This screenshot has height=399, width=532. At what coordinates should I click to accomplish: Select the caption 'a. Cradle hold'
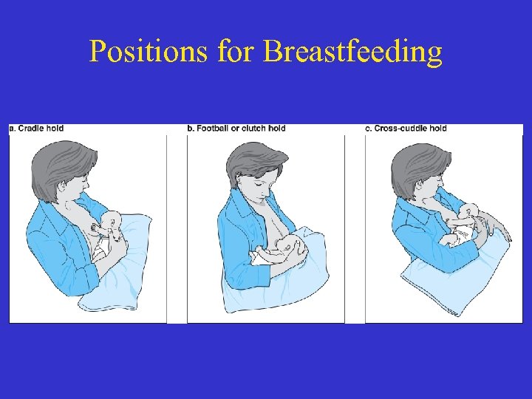point(36,129)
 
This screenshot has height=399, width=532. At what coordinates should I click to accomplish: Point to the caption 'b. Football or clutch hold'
point(236,129)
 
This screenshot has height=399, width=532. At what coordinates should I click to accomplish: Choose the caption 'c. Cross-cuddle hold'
point(406,129)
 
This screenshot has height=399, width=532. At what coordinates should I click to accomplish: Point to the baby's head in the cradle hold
point(113,221)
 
